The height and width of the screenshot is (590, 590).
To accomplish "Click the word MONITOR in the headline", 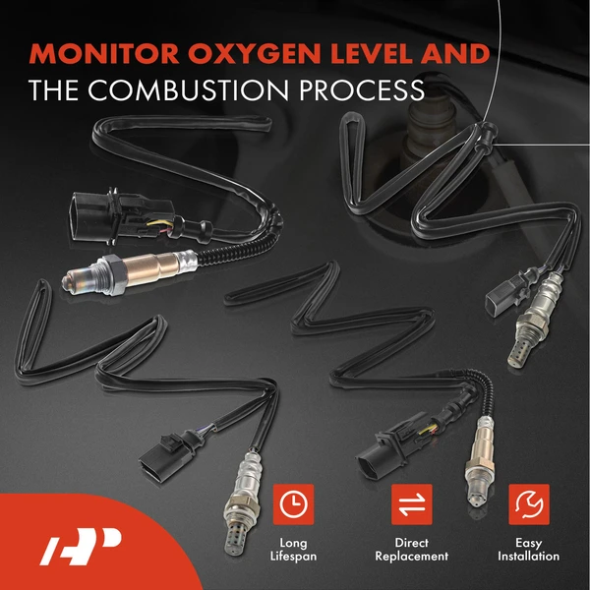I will pyautogui.click(x=106, y=54).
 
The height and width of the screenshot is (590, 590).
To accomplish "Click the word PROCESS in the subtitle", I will pyautogui.click(x=359, y=90).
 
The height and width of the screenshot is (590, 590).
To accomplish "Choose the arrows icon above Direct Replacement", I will pyautogui.click(x=412, y=504).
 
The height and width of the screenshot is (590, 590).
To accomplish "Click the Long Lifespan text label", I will pyautogui.click(x=292, y=550).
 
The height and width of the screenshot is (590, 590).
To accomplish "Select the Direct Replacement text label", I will pyautogui.click(x=412, y=550).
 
